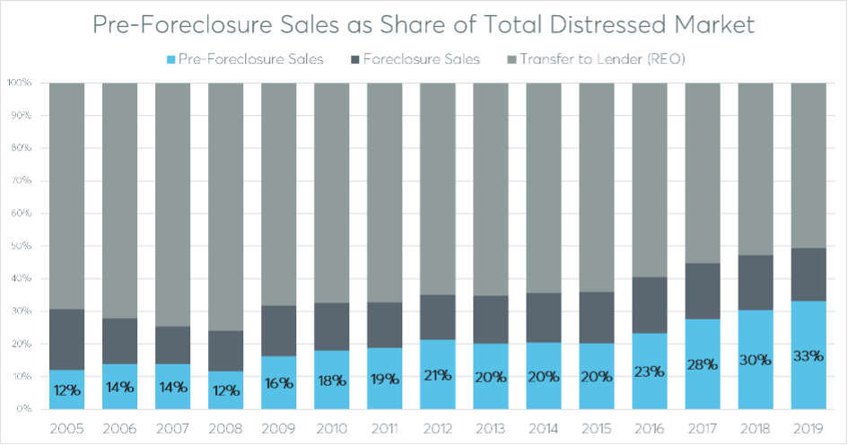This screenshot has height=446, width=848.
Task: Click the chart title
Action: pyautogui.click(x=424, y=24)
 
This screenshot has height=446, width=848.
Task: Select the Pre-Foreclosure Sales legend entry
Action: pyautogui.click(x=248, y=59)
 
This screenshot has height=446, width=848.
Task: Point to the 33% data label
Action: pyautogui.click(x=809, y=355)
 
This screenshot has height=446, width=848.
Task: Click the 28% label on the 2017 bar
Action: pyautogui.click(x=703, y=364)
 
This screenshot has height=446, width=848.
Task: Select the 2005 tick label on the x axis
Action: pyautogui.click(x=67, y=429)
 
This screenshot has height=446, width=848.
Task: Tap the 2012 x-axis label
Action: pyautogui.click(x=438, y=429)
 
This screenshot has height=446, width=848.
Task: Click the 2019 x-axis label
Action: pyautogui.click(x=809, y=429)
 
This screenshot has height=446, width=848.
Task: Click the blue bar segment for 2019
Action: pyautogui.click(x=809, y=386)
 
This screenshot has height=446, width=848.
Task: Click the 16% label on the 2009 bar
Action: pyautogui.click(x=279, y=383)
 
